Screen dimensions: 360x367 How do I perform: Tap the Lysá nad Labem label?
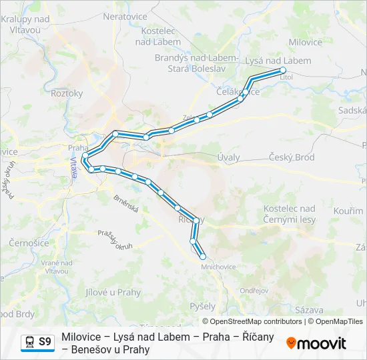pyautogui.click(x=278, y=60)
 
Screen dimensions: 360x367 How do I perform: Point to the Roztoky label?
pyautogui.click(x=67, y=93)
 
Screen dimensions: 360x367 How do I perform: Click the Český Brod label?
pyautogui.click(x=292, y=157)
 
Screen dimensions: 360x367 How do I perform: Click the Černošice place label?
pyautogui.click(x=29, y=243)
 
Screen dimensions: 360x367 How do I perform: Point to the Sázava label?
pyautogui.click(x=310, y=310)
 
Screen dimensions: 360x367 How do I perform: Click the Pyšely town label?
pyautogui.click(x=202, y=307)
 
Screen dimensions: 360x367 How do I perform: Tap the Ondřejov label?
pyautogui.click(x=254, y=290)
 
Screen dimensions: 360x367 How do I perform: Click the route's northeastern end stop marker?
pyautogui.click(x=283, y=70)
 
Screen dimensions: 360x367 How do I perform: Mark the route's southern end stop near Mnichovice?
pyautogui.click(x=203, y=256)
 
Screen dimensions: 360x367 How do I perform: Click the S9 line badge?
pyautogui.click(x=45, y=342)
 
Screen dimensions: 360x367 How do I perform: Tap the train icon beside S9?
pyautogui.click(x=29, y=342)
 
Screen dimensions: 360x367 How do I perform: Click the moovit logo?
pyautogui.click(x=316, y=343)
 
